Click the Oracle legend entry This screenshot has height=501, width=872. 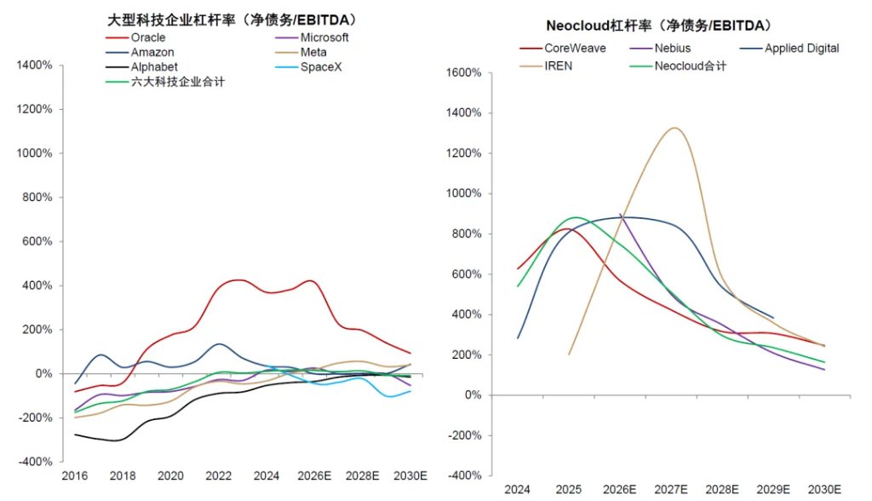point(135,37)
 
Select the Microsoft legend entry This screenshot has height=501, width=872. point(312,37)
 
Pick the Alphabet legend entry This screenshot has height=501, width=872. point(142,66)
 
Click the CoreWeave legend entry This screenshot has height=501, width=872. point(563,49)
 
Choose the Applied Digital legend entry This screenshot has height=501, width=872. point(789,49)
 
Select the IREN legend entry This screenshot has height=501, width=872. point(546,66)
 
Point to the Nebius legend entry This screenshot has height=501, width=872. point(660,49)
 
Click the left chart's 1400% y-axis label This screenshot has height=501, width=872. point(34,65)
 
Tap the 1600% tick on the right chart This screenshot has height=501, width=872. point(464,72)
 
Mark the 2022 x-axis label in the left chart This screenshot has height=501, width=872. point(219,476)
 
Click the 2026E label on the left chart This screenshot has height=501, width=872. point(314,476)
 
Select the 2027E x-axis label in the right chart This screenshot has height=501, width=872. point(671,489)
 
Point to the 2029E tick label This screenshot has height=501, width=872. point(773,489)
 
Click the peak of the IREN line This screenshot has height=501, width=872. point(674,128)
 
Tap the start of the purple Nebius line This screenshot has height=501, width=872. point(620,214)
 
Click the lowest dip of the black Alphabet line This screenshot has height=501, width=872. point(116,441)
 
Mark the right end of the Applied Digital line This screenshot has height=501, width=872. point(773,318)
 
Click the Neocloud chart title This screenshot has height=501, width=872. point(659,26)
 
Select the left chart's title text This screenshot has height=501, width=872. point(232,20)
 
